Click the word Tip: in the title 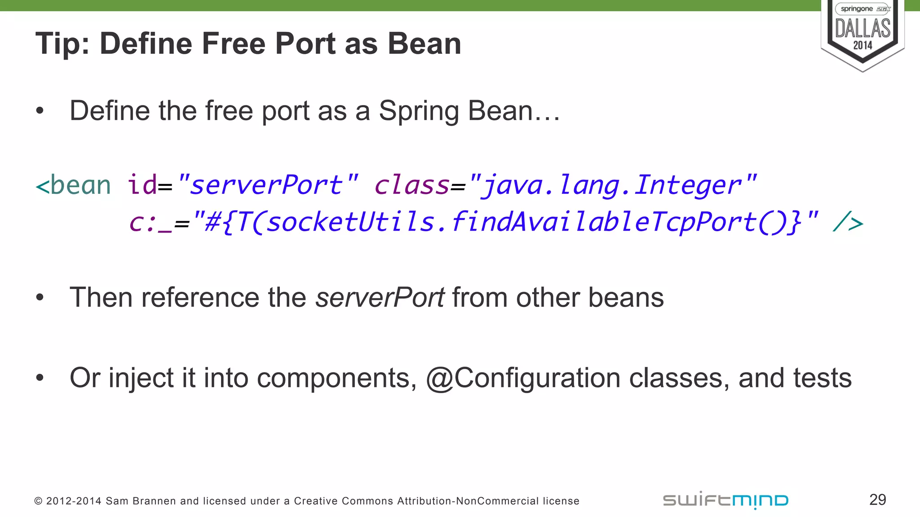[x=62, y=44]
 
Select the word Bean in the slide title [x=424, y=44]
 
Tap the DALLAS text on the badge [x=862, y=28]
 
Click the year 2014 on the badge [x=862, y=45]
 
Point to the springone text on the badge [x=856, y=9]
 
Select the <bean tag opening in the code [x=73, y=185]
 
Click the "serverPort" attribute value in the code [x=268, y=184]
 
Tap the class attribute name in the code [x=411, y=185]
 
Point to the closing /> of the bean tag [x=848, y=223]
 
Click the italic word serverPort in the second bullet [x=380, y=298]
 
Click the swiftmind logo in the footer [x=725, y=500]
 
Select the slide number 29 [x=877, y=499]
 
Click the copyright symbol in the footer [x=38, y=501]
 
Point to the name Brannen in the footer [x=159, y=501]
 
